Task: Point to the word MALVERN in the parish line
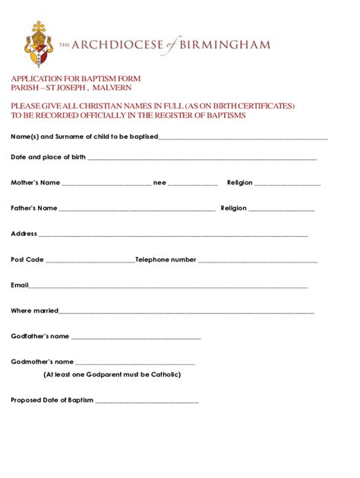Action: click(112, 88)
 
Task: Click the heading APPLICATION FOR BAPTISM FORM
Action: click(75, 79)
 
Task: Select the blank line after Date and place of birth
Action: click(202, 159)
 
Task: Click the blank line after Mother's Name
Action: click(106, 184)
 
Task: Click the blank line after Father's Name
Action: click(137, 209)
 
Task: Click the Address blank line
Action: click(173, 235)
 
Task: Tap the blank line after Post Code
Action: click(90, 261)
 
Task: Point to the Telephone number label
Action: click(166, 259)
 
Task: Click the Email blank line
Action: click(168, 287)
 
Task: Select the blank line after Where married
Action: click(187, 312)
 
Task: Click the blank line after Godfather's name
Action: click(136, 338)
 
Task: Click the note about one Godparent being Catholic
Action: click(112, 374)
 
